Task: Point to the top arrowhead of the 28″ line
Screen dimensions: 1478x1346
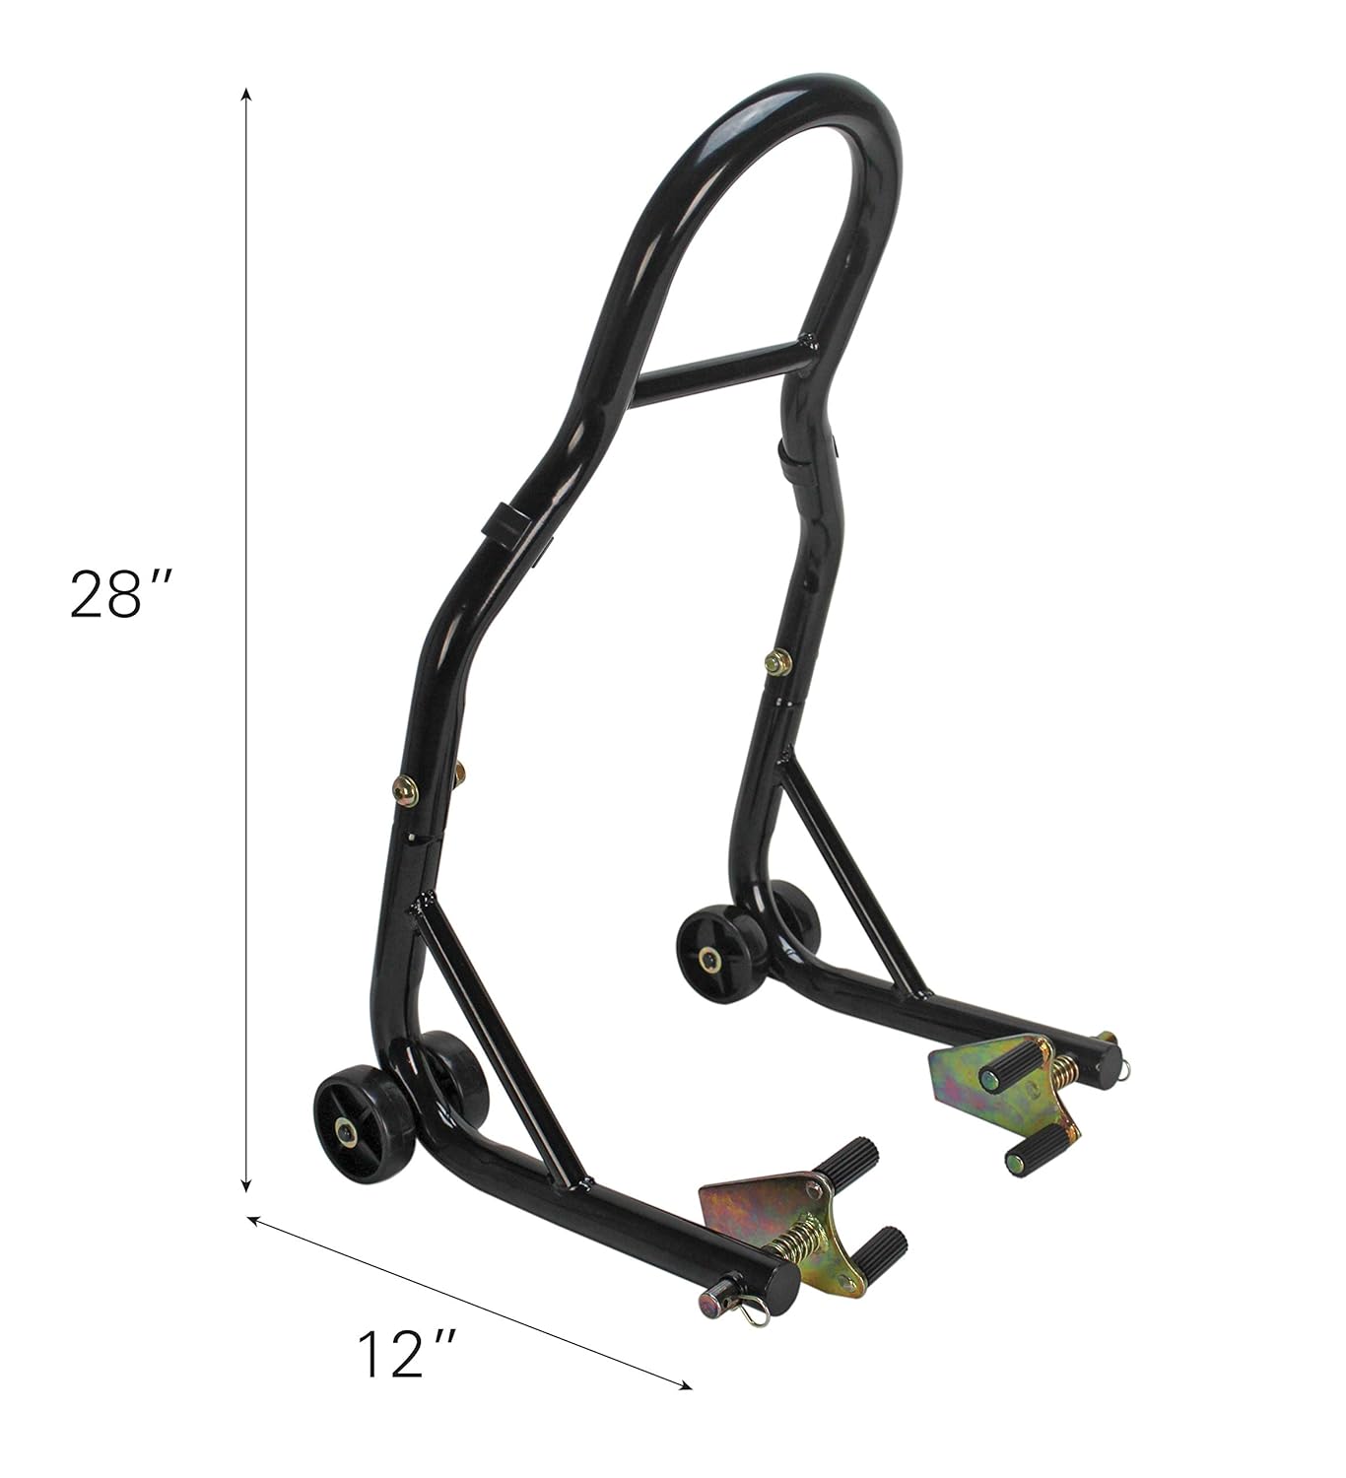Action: tap(246, 93)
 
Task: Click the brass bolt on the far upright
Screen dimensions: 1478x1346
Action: tap(777, 662)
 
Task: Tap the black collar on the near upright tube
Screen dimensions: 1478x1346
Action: tap(504, 523)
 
